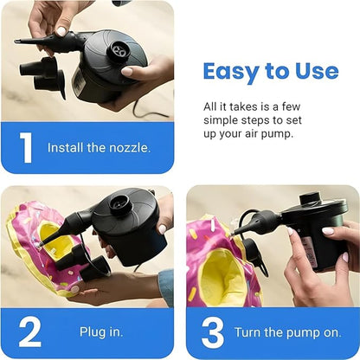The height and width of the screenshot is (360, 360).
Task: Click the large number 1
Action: click(27, 147)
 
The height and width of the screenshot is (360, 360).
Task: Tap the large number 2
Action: click(29, 332)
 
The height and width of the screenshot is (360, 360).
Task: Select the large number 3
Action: click(213, 332)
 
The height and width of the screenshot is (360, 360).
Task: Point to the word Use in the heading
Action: click(313, 71)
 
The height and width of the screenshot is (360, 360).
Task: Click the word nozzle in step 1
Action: click(128, 147)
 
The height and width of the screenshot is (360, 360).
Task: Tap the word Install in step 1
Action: click(67, 147)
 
